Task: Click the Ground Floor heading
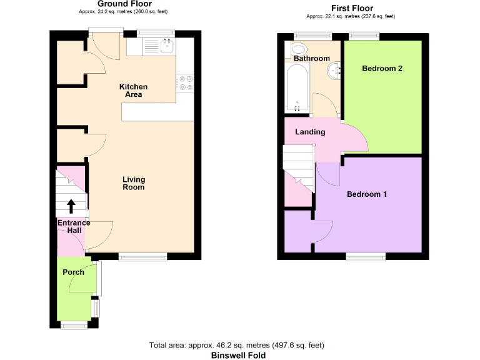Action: [124, 4]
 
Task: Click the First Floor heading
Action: [352, 8]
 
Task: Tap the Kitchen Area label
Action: [134, 91]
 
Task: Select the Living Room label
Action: [134, 183]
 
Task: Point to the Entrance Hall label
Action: [74, 227]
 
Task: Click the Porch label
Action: [73, 272]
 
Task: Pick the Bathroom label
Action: [312, 59]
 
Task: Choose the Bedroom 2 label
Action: [382, 69]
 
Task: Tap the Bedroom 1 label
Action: [367, 194]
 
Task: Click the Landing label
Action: [310, 132]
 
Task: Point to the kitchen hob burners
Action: [185, 83]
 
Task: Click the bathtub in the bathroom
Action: [296, 91]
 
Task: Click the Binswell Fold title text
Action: [237, 355]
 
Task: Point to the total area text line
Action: [237, 345]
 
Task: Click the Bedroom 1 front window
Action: [366, 256]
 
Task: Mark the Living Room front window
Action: [142, 256]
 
